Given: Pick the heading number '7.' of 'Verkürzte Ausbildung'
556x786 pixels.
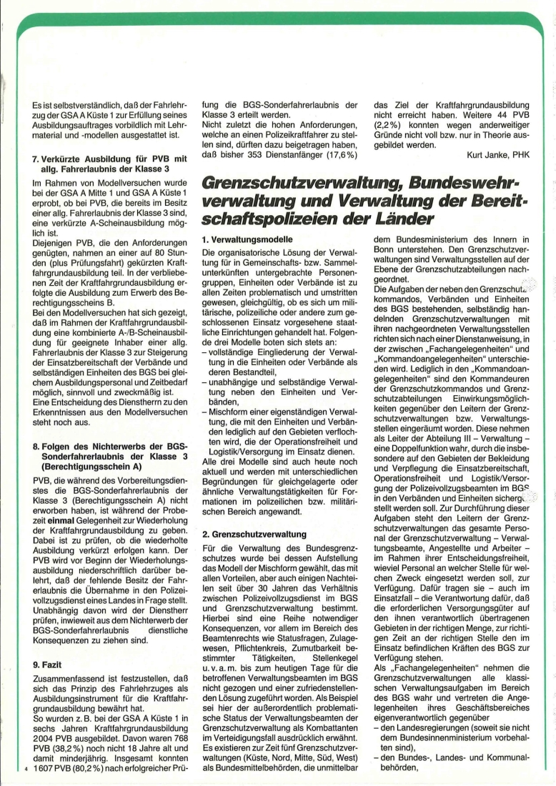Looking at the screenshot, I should point(38,158).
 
